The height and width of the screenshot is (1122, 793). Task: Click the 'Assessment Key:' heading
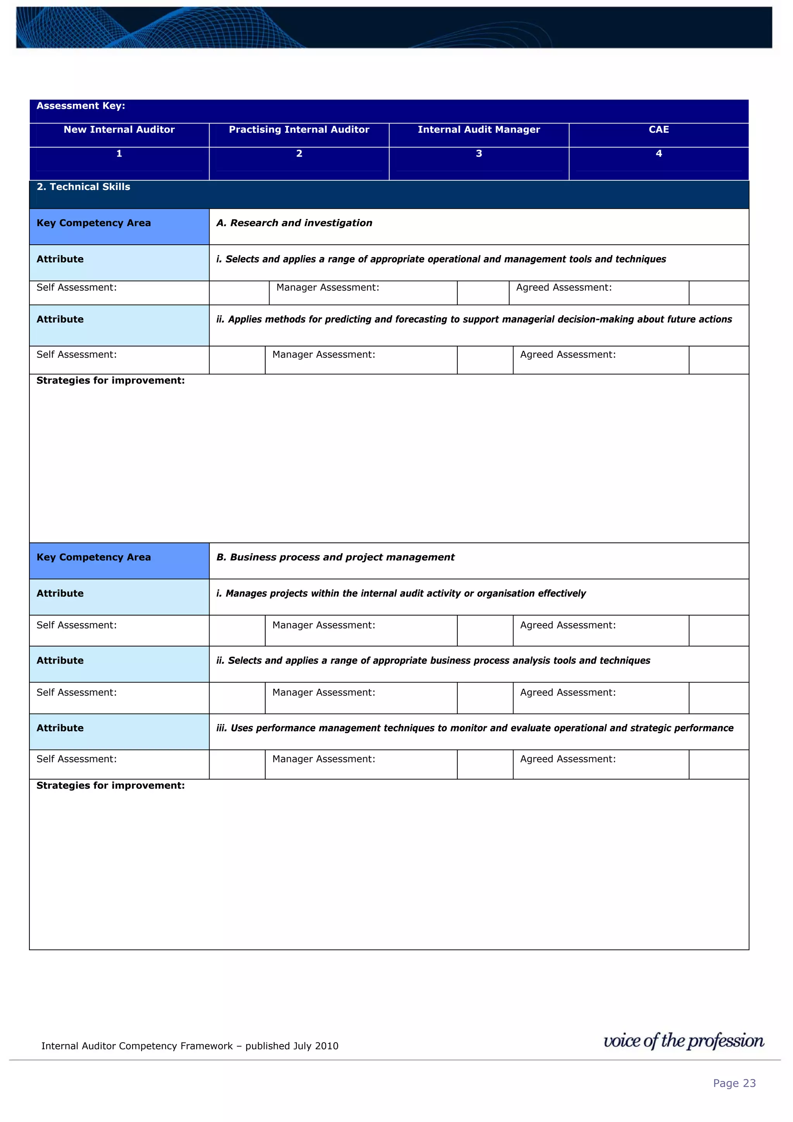81,106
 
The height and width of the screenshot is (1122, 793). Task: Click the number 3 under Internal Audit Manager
479,153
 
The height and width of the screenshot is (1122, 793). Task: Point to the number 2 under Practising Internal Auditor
299,153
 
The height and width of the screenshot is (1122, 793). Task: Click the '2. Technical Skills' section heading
84,187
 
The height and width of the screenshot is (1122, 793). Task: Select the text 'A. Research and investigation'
294,223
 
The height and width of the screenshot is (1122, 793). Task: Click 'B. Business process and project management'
335,557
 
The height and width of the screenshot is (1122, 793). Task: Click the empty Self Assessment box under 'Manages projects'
237,630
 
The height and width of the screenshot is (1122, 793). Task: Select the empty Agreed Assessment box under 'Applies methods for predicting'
718,360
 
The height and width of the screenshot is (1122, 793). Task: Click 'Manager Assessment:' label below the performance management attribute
323,759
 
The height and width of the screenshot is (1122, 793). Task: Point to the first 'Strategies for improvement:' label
110,380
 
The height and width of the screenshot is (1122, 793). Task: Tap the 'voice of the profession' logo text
683,1041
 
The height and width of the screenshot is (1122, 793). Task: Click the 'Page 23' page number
734,1083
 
